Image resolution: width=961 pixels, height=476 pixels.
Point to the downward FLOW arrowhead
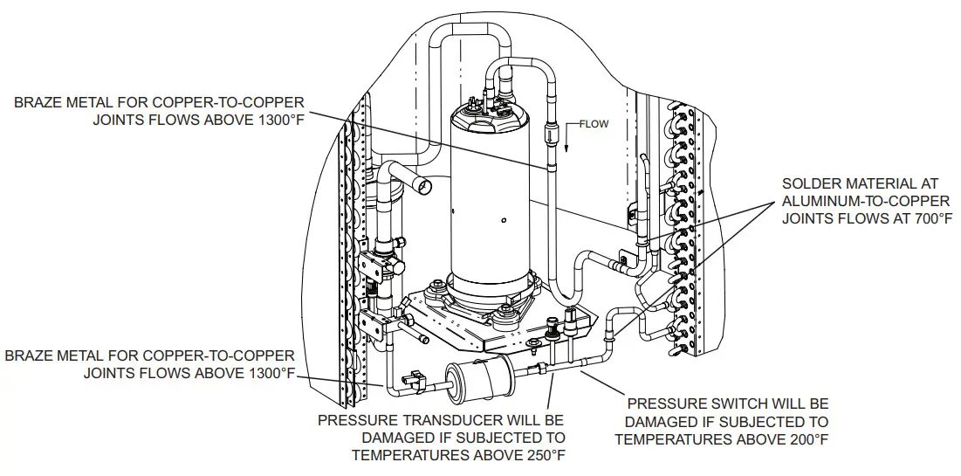566,148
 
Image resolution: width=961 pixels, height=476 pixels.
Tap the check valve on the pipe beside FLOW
551,137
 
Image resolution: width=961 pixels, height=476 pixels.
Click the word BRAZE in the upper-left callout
38,103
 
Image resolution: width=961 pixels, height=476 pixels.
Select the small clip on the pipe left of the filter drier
411,380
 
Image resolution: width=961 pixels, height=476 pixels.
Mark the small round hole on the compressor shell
504,218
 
